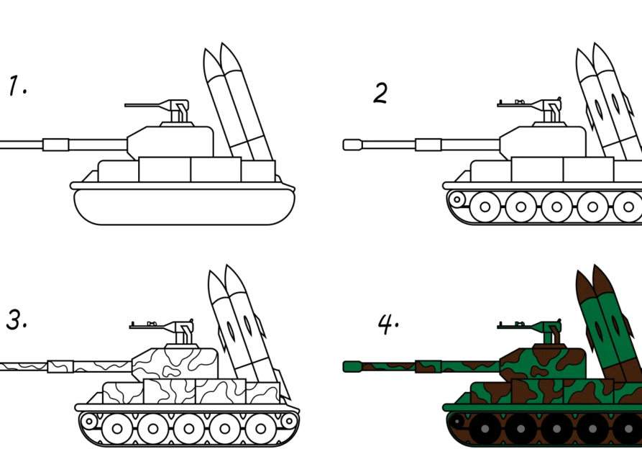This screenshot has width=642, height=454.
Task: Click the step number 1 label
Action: (x=17, y=86)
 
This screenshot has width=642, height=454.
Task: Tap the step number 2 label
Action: (x=380, y=93)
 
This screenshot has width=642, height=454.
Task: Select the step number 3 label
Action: (x=17, y=319)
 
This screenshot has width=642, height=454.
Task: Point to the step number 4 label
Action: (x=388, y=324)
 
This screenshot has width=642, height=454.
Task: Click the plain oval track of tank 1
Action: (x=184, y=207)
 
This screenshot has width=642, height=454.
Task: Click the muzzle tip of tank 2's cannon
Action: (x=352, y=145)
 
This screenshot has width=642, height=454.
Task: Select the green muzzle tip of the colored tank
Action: (x=352, y=367)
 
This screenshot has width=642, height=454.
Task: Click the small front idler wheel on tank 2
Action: (x=457, y=200)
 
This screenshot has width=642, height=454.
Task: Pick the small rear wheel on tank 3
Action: (x=289, y=421)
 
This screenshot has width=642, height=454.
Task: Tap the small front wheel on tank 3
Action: (x=89, y=421)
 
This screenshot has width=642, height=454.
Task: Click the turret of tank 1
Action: (x=170, y=142)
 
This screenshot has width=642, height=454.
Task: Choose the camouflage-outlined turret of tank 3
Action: (x=175, y=363)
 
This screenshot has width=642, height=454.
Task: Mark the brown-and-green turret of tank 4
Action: (x=543, y=363)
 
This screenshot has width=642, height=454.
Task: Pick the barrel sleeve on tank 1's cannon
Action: (x=55, y=145)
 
